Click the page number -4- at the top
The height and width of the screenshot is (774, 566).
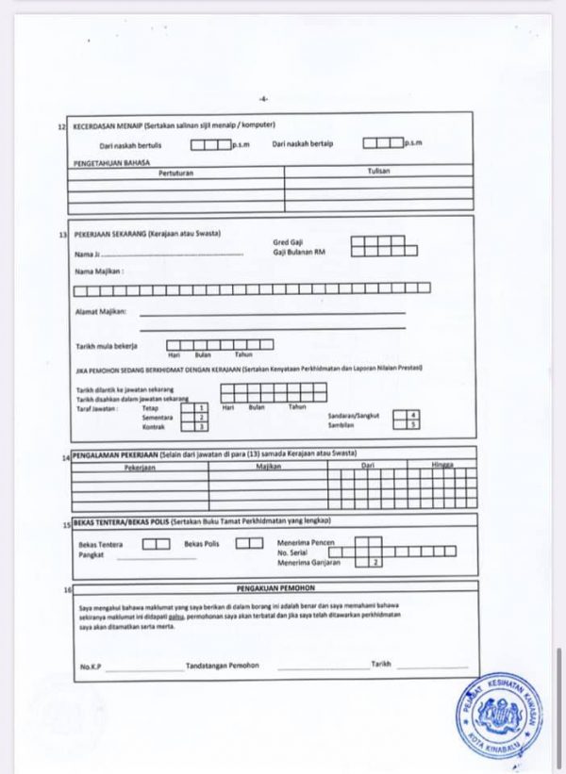263,97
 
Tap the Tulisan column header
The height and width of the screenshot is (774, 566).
378,171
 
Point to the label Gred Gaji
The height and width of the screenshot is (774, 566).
288,242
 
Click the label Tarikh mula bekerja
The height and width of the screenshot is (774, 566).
106,346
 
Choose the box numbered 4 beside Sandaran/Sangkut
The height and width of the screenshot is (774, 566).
413,415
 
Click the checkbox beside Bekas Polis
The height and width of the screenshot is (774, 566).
249,543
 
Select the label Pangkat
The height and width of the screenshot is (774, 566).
91,554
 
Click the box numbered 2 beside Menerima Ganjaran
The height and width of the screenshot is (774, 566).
375,562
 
